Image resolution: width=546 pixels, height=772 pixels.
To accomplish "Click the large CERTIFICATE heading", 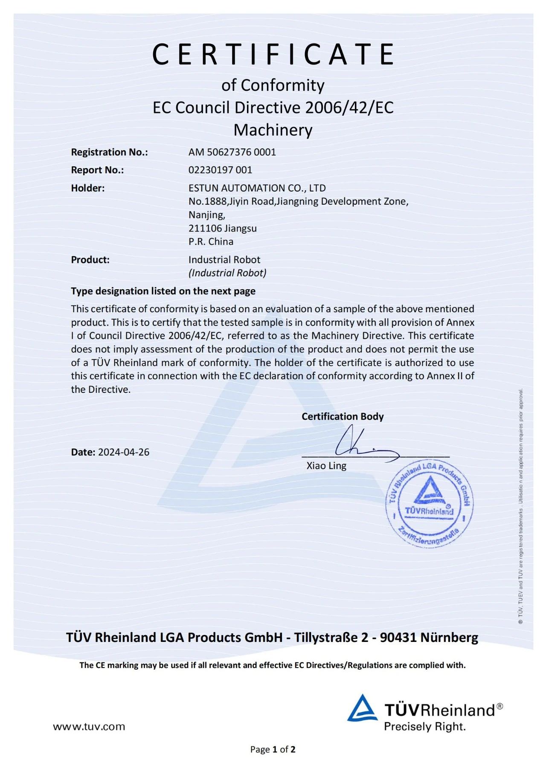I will (273, 54).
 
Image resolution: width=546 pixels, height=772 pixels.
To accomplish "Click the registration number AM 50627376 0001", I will (232, 152).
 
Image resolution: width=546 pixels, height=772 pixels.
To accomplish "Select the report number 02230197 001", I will (220, 170).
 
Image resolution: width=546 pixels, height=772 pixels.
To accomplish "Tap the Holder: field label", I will (88, 188).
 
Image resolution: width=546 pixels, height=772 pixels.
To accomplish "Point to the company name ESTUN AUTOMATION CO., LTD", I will (257, 188).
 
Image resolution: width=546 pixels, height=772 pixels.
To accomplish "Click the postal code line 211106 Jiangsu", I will (222, 228).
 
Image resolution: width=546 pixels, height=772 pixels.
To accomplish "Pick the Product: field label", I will (90, 260).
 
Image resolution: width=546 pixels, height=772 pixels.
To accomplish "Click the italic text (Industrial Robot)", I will (227, 273).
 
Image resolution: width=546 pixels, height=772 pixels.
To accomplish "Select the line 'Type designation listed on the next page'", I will (163, 291).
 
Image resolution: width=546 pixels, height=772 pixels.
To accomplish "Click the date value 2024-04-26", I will (124, 452).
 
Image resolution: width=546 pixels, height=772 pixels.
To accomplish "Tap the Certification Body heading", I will (343, 417).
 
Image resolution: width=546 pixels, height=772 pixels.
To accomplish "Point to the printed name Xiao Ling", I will (326, 466).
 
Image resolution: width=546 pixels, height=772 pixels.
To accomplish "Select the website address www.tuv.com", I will (89, 727).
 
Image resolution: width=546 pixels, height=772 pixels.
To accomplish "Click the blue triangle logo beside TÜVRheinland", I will (362, 708).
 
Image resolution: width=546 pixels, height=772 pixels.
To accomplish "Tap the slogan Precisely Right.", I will (424, 727).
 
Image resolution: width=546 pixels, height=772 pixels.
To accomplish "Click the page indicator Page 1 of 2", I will (273, 749).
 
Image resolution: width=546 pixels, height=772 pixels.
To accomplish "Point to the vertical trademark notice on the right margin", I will (520, 505).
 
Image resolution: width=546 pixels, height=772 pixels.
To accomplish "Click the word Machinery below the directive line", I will (273, 130).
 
